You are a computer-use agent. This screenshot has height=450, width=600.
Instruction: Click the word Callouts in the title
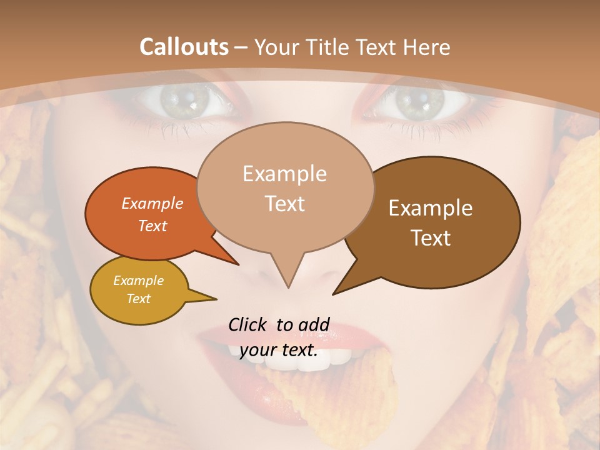click(x=184, y=47)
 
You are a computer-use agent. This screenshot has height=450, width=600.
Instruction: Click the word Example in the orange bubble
click(x=152, y=203)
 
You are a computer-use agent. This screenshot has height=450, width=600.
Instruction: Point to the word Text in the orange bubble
click(x=152, y=226)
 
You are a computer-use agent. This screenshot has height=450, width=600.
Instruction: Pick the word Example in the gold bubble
click(x=138, y=281)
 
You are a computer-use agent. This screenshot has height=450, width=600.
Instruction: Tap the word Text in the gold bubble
click(x=138, y=299)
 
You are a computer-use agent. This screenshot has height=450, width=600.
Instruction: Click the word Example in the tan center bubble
click(x=284, y=174)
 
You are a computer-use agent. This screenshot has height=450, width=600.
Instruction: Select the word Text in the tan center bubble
click(x=284, y=204)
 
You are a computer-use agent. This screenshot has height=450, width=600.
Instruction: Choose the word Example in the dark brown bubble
click(x=431, y=208)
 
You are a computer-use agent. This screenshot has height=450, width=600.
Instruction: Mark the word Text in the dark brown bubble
click(x=431, y=238)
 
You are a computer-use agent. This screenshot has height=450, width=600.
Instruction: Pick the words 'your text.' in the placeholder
click(x=279, y=351)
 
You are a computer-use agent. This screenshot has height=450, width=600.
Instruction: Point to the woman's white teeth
click(x=337, y=356)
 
